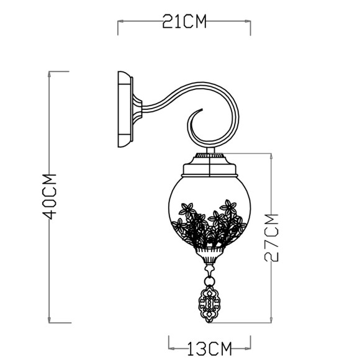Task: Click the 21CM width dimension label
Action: [184, 23]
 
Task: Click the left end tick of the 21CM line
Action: [118, 23]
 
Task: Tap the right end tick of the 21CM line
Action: [250, 23]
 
